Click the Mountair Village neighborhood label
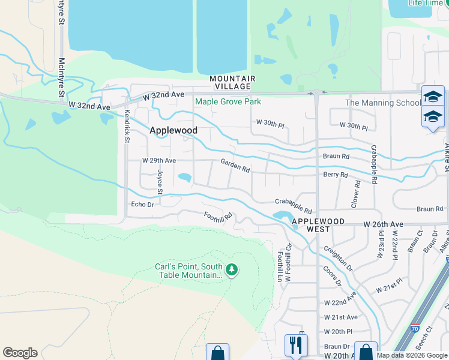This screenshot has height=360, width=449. click(232, 83)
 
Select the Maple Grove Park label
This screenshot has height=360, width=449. click(228, 101)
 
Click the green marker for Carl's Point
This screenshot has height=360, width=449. click(232, 271)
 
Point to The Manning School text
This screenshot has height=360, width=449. click(383, 103)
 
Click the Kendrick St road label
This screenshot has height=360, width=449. click(127, 127)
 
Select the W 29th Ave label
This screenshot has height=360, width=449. click(158, 161)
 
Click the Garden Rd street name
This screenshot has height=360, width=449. click(235, 165)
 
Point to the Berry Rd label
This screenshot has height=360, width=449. click(336, 175)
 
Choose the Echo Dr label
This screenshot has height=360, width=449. click(142, 205)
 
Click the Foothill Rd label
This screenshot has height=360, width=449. click(217, 215)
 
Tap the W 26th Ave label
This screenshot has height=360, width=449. click(383, 224)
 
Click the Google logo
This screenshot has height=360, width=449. click(20, 353)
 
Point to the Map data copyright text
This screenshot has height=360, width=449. click(411, 355)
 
